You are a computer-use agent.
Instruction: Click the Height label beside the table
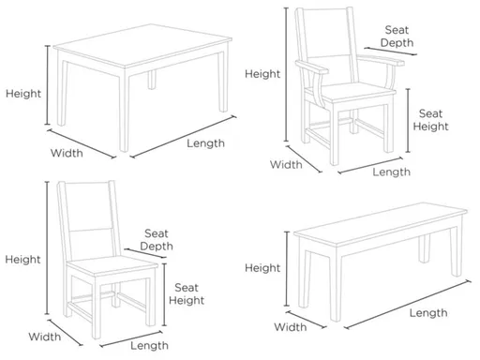22,93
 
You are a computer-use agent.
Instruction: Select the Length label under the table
205,143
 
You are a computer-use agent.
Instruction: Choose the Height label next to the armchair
262,72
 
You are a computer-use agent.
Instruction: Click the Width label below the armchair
287,165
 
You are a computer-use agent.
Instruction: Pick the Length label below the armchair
391,172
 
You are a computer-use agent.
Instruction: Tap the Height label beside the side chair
22,259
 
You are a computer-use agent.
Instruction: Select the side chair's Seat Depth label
157,239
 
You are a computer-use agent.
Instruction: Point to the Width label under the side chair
44,336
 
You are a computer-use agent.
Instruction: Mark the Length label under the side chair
149,345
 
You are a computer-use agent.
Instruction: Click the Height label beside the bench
262,268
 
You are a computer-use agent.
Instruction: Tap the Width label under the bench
291,327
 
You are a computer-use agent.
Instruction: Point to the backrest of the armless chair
86,217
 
